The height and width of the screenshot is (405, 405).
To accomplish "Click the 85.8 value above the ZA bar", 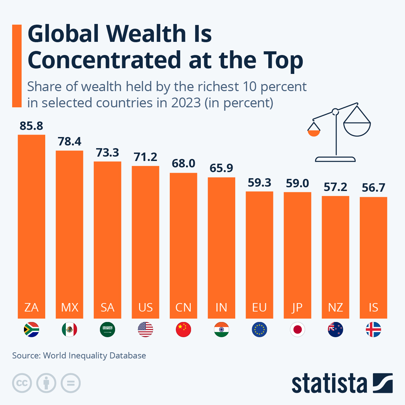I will pos(31,126).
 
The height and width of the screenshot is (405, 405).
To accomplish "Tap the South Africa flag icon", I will pos(31,330).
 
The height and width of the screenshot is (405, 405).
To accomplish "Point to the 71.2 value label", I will pos(145,157).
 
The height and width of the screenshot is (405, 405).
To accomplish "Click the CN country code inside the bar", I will pos(183,307).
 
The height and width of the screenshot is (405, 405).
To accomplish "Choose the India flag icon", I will pos(221,330).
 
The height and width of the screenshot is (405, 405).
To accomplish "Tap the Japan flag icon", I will pos(297,330).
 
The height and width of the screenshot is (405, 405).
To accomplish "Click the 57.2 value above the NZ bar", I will pos(335,187).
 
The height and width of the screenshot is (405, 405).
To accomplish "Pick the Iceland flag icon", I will pos(373,330).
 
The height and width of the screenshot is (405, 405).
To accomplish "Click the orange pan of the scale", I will pos(314,132).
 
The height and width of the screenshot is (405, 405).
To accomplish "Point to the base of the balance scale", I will pos(335,159).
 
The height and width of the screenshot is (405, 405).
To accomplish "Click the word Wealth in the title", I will pos(146,34).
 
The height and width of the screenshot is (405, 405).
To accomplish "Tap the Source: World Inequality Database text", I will pos(79,356).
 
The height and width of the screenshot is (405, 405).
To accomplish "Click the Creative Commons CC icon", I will pos(22,383).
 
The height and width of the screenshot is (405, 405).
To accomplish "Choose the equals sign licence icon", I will pos(71,383).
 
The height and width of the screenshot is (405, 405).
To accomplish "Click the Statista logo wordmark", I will pos(329,383).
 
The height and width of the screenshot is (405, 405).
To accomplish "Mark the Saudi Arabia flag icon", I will pos(107,330).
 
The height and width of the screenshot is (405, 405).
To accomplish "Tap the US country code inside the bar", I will pos(145,307).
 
